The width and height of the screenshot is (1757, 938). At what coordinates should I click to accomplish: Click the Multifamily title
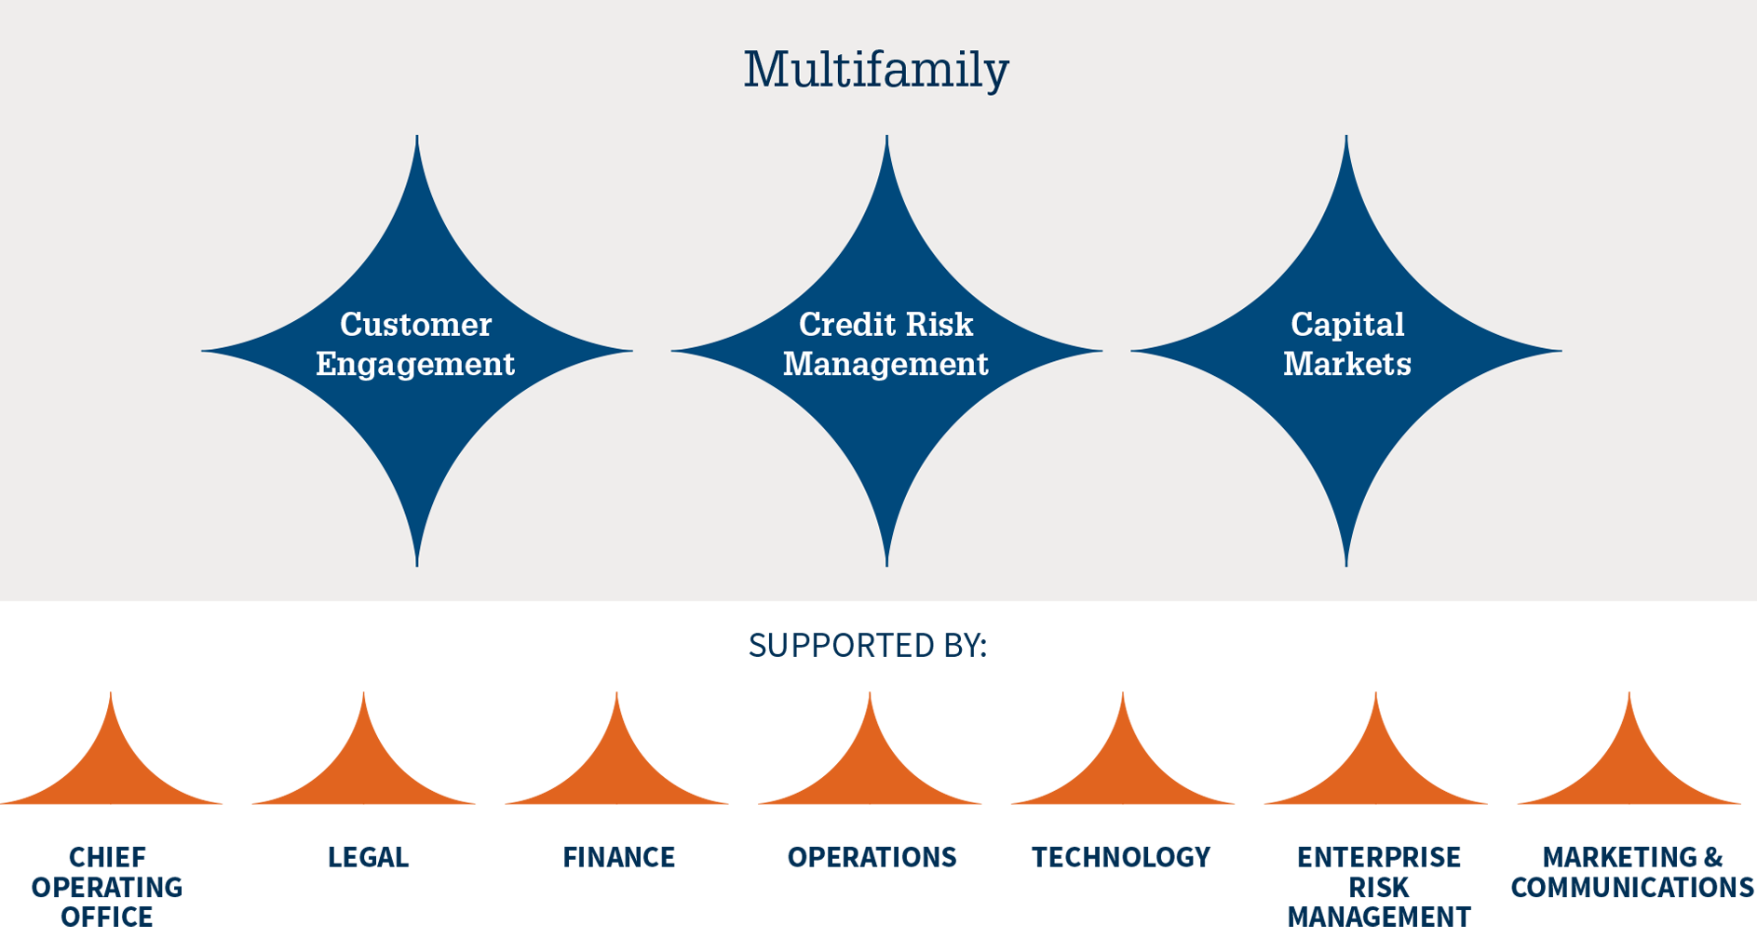pos(876,70)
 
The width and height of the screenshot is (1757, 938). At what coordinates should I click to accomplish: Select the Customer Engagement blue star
pos(417,351)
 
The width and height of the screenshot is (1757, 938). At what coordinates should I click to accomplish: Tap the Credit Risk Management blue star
pos(886,351)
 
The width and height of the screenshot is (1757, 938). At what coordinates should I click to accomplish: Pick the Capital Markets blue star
pos(1346,351)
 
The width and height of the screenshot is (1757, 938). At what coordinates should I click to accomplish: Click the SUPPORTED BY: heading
pos(868,645)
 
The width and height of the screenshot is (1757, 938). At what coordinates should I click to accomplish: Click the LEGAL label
pos(368,857)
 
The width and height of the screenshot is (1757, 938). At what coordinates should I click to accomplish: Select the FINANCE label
pos(619,857)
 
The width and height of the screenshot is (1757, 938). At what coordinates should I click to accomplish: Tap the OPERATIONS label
pos(872,857)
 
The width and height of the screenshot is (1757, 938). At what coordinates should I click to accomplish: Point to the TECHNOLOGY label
pos(1121,857)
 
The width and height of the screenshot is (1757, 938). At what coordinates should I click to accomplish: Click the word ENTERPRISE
pos(1379,857)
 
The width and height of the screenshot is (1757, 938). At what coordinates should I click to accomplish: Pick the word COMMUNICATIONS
pos(1632,888)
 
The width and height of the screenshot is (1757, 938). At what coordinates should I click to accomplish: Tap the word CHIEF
pos(107,857)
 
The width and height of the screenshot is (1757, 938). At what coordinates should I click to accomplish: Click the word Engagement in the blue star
pos(415,364)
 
